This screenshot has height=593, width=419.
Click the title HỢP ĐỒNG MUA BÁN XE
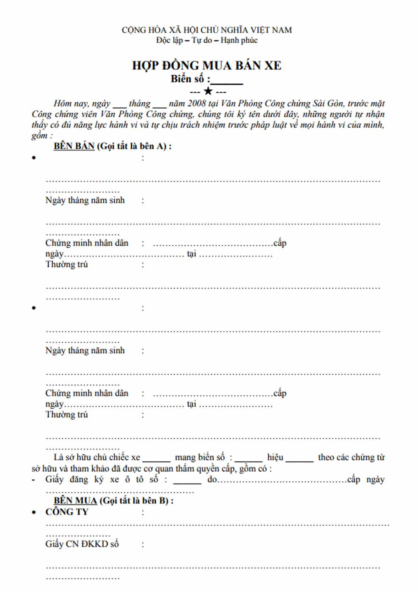coord(207,66)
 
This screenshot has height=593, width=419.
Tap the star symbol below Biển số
coord(208,92)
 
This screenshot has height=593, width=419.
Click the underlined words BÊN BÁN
coord(74,146)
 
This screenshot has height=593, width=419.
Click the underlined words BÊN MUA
coord(75,501)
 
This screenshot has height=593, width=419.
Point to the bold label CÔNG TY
coord(67,512)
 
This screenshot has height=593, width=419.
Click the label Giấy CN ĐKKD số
coord(82,544)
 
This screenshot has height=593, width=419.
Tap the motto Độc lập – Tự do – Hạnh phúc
coord(207,40)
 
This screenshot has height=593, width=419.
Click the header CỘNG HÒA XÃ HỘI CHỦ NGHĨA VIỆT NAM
coord(207,30)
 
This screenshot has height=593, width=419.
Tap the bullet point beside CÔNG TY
coord(34,512)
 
